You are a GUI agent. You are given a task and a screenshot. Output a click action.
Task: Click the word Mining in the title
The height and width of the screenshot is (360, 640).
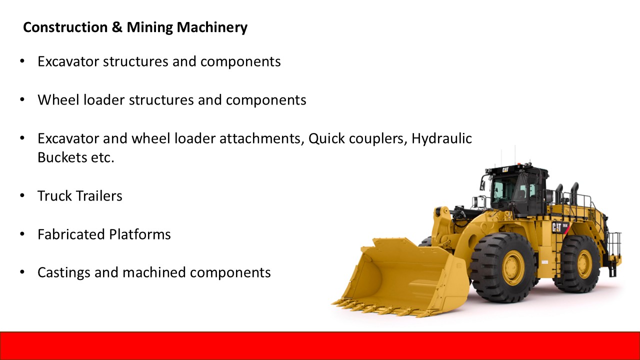pyautogui.click(x=149, y=28)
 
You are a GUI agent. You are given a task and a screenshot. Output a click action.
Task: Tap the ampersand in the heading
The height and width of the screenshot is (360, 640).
pyautogui.click(x=117, y=27)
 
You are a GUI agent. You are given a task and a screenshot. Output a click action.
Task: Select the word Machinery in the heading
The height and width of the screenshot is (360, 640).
pyautogui.click(x=212, y=28)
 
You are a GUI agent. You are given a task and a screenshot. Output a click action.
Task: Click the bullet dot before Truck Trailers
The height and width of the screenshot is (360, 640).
pyautogui.click(x=22, y=195)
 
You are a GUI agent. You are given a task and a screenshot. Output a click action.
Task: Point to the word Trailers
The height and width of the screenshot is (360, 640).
pyautogui.click(x=99, y=196)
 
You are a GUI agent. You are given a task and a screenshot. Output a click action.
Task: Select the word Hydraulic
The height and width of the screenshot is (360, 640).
pyautogui.click(x=441, y=139)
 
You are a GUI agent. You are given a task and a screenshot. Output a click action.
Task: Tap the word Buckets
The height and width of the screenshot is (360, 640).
pyautogui.click(x=62, y=157)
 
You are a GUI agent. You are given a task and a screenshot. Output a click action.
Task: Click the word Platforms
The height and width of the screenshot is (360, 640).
pyautogui.click(x=140, y=234)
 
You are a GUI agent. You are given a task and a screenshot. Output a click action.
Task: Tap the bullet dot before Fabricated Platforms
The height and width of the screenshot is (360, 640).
pyautogui.click(x=22, y=234)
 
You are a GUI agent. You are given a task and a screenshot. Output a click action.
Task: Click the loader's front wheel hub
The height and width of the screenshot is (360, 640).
pyautogui.click(x=513, y=267)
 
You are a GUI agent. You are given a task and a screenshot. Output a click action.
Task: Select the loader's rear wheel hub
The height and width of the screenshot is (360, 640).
pyautogui.click(x=585, y=263)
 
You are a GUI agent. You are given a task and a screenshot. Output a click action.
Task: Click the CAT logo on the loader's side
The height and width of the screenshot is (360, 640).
pyautogui.click(x=556, y=227)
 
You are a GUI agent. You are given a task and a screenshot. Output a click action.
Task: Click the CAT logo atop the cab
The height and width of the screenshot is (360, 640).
pyautogui.click(x=505, y=170)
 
